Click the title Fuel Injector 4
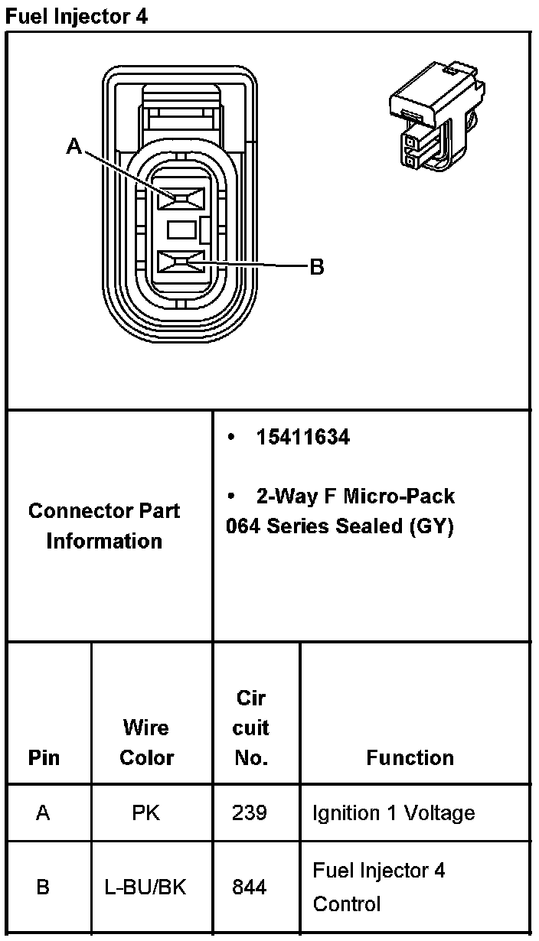pyautogui.click(x=76, y=16)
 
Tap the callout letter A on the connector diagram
pyautogui.click(x=73, y=145)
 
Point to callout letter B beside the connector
pyautogui.click(x=316, y=267)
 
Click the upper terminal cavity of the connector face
pyautogui.click(x=181, y=199)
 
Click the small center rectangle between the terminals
pyautogui.click(x=182, y=229)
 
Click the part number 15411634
pyautogui.click(x=303, y=438)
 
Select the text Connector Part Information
pyautogui.click(x=104, y=526)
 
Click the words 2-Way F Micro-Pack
pyautogui.click(x=355, y=497)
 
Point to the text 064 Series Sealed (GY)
pyautogui.click(x=340, y=526)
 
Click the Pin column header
pyautogui.click(x=44, y=757)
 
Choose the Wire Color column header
pyautogui.click(x=147, y=742)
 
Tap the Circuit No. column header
pyautogui.click(x=251, y=728)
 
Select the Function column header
pyautogui.click(x=410, y=757)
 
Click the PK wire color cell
pyautogui.click(x=146, y=812)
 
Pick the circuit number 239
pyautogui.click(x=250, y=812)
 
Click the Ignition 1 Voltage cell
pyautogui.click(x=394, y=812)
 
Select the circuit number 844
pyautogui.click(x=250, y=887)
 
